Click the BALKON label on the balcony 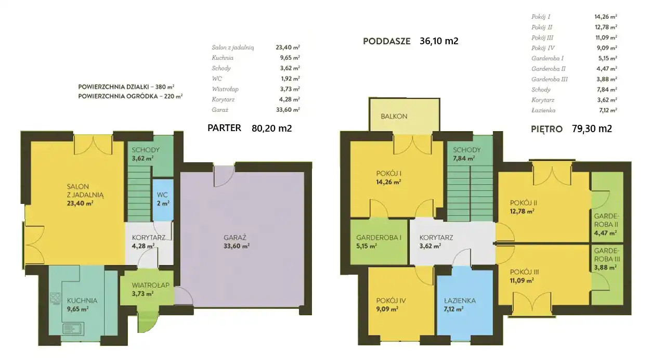(x=394, y=116)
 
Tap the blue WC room (x=163, y=200)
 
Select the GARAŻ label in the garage (x=235, y=237)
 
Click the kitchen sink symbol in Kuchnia (x=73, y=329)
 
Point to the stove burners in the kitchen (x=55, y=298)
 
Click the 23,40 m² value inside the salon (x=80, y=203)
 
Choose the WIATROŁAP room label (x=150, y=285)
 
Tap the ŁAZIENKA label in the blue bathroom (x=460, y=301)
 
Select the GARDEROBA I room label (x=379, y=238)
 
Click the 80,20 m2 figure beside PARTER (x=271, y=128)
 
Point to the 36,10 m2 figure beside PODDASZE (x=439, y=41)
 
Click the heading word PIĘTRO (x=546, y=128)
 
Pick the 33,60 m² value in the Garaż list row (x=288, y=110)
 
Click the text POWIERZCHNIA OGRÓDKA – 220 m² (x=131, y=96)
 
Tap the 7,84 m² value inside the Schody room (x=464, y=159)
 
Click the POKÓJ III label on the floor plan (x=524, y=272)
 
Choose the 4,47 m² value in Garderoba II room (x=605, y=233)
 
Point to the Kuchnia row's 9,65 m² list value (x=290, y=58)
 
